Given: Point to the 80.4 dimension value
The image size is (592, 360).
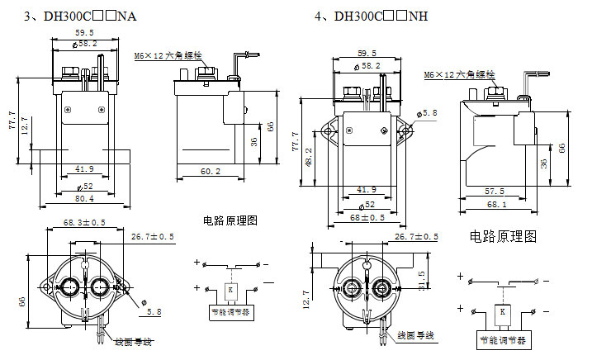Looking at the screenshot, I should (x=85, y=198).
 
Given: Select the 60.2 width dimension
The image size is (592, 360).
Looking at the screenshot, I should (x=211, y=171).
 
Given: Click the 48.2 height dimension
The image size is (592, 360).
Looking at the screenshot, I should (x=309, y=156).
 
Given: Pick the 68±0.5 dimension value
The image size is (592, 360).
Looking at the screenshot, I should (x=368, y=217).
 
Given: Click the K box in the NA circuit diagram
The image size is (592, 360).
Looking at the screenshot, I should (x=230, y=291).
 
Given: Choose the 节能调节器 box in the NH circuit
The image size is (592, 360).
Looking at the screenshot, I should (x=502, y=339).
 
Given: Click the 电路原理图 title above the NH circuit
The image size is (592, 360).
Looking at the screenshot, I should (x=503, y=237).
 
